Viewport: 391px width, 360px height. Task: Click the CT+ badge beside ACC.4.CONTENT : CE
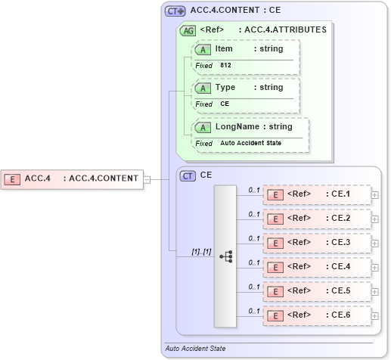point(175,11)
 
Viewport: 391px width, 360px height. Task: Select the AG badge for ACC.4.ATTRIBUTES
point(187,30)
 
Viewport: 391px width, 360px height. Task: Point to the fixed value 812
point(226,66)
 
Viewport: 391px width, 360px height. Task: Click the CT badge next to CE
point(188,175)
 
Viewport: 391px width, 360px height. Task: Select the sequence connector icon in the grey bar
point(225,256)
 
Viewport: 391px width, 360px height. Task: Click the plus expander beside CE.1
point(375,195)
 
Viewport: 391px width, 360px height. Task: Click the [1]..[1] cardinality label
point(201,250)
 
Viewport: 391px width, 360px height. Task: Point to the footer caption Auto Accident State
point(195,349)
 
